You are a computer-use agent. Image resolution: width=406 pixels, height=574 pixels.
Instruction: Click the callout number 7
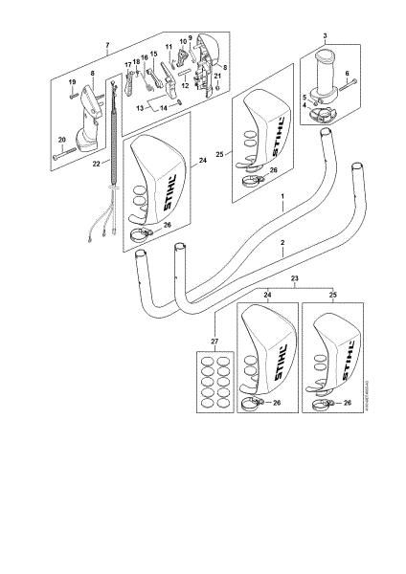pos(107,46)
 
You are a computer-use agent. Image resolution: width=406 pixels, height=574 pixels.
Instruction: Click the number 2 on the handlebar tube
pos(282,244)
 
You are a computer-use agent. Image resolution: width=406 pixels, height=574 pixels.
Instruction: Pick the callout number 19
pos(71,82)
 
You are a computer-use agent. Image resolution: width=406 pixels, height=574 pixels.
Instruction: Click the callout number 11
pos(169,48)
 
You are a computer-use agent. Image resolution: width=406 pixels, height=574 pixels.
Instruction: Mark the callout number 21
pos(217,76)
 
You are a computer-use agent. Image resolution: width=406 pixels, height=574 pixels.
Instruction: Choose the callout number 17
pos(127,64)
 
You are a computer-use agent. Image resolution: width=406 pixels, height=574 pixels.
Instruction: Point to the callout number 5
pos(304,98)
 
